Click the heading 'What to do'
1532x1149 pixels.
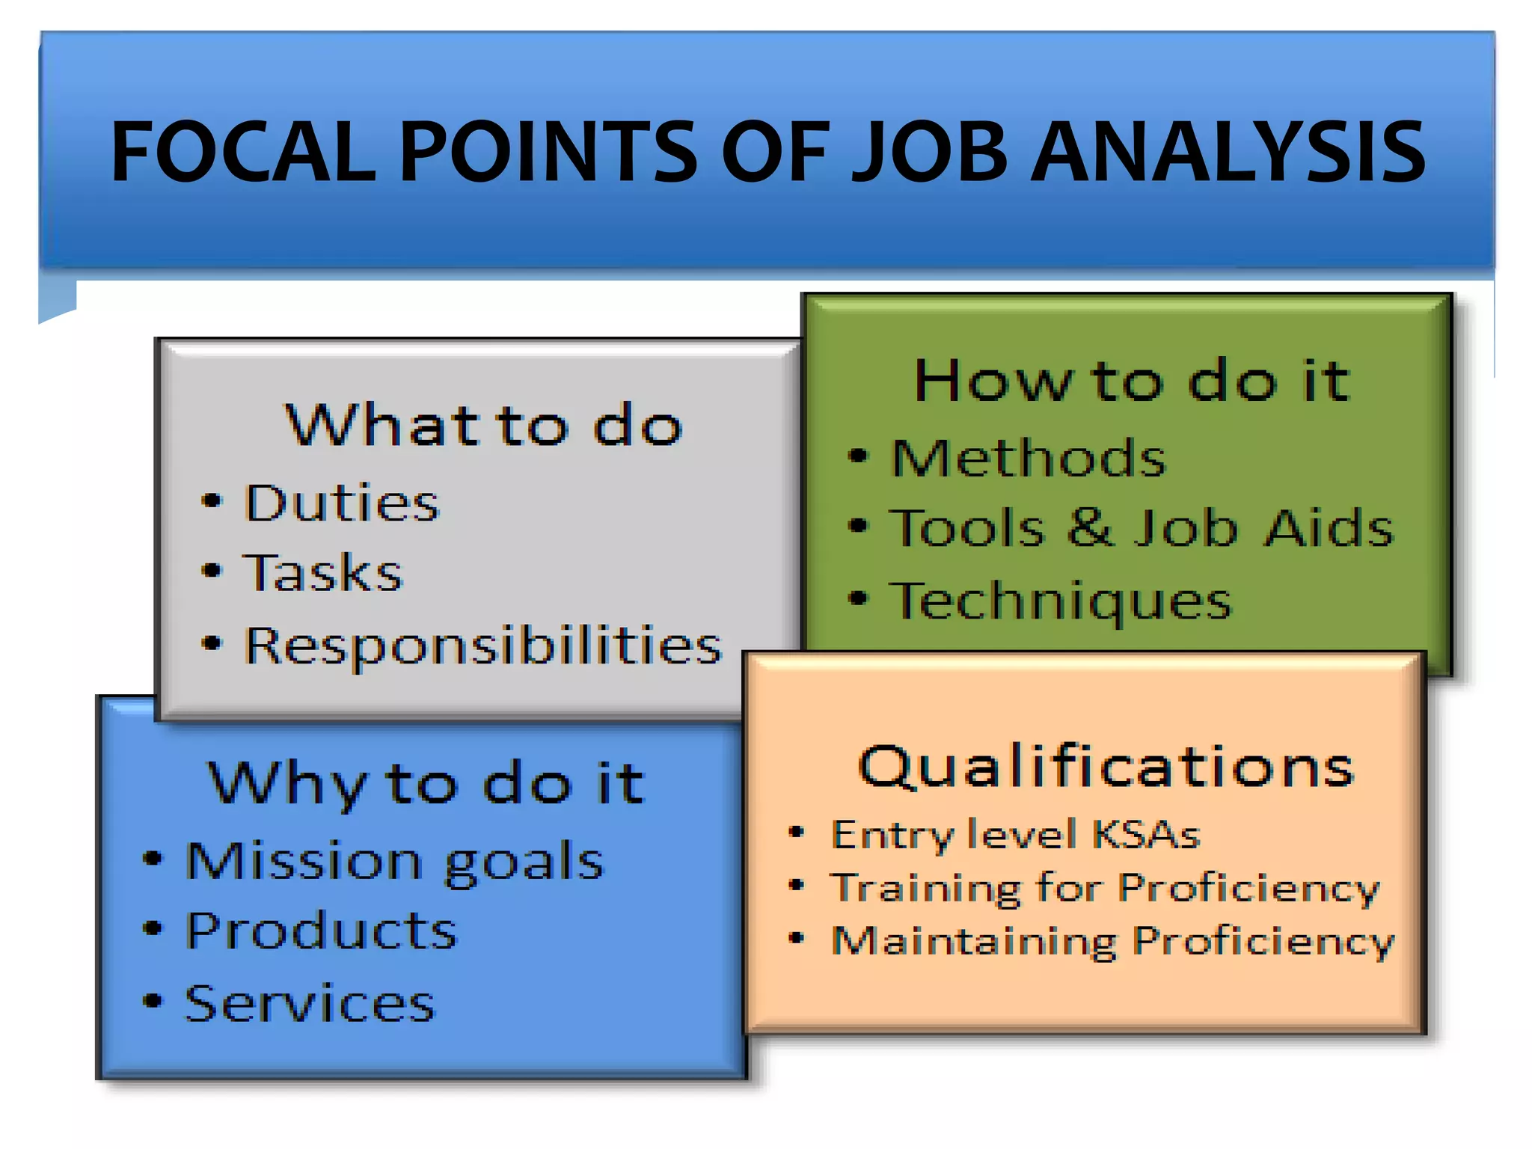[x=483, y=425]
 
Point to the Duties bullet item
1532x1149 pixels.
[x=341, y=502]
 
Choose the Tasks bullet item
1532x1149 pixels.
[x=322, y=573]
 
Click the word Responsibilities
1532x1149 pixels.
[x=483, y=645]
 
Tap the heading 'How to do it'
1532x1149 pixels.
[x=1131, y=381]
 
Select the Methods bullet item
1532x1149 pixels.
[x=1029, y=458]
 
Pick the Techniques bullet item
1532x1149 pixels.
[x=1061, y=601]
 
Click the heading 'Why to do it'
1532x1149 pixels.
[x=426, y=783]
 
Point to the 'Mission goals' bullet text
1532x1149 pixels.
[x=394, y=861]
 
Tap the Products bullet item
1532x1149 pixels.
[x=321, y=931]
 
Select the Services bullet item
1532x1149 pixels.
[x=310, y=1003]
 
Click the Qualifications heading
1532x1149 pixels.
[x=1106, y=767]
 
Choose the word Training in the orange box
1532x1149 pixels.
[x=926, y=889]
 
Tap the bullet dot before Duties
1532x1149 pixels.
[x=212, y=500]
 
